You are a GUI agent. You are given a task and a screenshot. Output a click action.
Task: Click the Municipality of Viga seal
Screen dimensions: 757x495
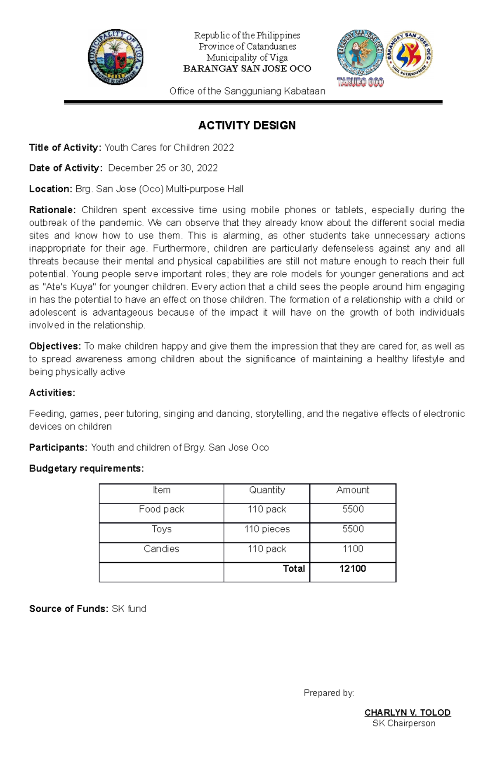[x=115, y=57]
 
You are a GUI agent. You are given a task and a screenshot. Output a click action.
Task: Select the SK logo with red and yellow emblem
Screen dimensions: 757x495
[x=409, y=54]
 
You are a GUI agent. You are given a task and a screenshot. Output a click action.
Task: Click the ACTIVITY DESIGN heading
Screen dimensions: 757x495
[x=247, y=125]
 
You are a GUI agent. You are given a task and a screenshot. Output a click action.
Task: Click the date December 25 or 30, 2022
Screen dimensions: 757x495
[x=163, y=168]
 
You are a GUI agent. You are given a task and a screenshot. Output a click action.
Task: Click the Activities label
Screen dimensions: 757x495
[x=52, y=393]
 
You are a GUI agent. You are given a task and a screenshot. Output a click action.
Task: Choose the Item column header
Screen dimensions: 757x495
[x=161, y=490]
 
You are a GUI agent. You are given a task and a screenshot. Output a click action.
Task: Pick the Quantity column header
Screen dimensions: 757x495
[x=267, y=490]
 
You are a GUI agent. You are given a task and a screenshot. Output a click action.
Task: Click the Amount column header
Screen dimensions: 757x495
[x=353, y=490]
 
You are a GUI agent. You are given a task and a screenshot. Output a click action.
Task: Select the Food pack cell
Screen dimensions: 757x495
[x=161, y=509]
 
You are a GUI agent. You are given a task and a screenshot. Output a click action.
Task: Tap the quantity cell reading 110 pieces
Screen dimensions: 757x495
[x=267, y=529]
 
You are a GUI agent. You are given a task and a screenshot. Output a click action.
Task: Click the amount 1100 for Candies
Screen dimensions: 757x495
[x=353, y=549]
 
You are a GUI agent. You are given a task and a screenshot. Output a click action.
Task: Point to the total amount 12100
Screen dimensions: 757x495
[x=353, y=569]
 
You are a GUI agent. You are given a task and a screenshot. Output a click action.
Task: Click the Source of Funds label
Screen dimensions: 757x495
[x=68, y=609]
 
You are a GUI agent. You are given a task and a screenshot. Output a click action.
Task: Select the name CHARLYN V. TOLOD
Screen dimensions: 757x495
[x=408, y=712]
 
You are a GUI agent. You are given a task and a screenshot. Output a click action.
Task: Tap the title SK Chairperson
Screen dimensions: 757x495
[x=404, y=723]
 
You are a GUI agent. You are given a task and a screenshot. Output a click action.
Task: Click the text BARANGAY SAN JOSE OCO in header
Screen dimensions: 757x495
[x=247, y=68]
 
